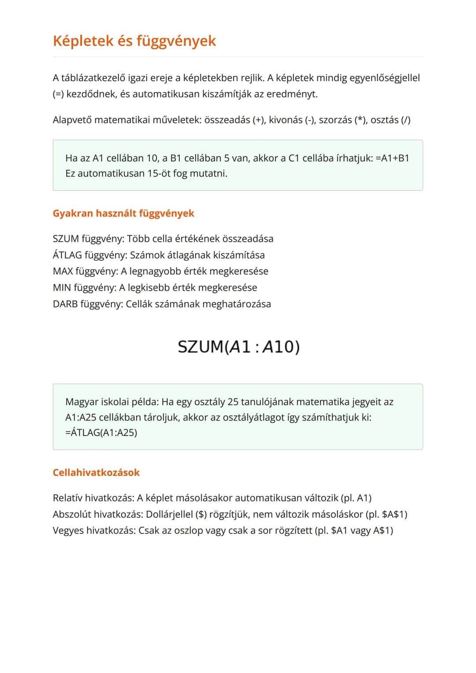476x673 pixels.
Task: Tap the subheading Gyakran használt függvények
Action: pos(123,213)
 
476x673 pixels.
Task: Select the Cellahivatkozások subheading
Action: pos(96,472)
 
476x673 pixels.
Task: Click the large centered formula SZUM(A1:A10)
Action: pos(238,347)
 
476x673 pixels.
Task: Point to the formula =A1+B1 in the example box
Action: pos(392,158)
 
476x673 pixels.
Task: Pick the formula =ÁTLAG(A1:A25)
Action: pos(101,432)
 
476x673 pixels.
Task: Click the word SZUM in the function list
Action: pos(66,239)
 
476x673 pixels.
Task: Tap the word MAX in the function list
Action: pos(63,271)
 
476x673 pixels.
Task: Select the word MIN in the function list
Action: pos(62,288)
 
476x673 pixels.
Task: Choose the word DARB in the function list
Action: pos(65,304)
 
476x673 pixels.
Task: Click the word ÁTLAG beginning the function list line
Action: pos(67,255)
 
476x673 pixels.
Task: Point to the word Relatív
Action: pos(67,498)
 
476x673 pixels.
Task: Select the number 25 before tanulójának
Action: pos(233,402)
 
